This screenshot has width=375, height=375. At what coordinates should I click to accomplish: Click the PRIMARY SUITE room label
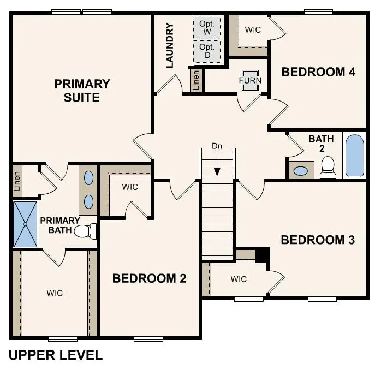click(x=82, y=91)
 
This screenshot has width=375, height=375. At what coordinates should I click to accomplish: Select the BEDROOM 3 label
click(x=318, y=240)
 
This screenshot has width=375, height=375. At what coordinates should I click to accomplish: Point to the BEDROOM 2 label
click(x=149, y=278)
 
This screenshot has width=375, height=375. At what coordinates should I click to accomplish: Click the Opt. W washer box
click(x=207, y=27)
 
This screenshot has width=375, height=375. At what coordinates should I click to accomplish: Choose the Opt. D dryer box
click(x=207, y=51)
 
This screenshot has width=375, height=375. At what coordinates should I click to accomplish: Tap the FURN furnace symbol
click(x=250, y=80)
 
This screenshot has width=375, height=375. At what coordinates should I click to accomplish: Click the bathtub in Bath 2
click(x=354, y=156)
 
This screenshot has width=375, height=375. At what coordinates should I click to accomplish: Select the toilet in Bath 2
click(x=328, y=168)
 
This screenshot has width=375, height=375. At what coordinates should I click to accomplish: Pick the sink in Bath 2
click(x=300, y=171)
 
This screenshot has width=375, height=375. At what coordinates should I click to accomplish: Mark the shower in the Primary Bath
click(x=25, y=224)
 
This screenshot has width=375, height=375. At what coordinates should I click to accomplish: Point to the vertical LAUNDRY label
click(x=169, y=45)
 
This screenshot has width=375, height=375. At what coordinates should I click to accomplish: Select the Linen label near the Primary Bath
click(x=17, y=181)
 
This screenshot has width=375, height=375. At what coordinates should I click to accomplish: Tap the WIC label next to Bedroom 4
click(x=252, y=29)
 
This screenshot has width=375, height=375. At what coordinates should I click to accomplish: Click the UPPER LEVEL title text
click(x=56, y=355)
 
